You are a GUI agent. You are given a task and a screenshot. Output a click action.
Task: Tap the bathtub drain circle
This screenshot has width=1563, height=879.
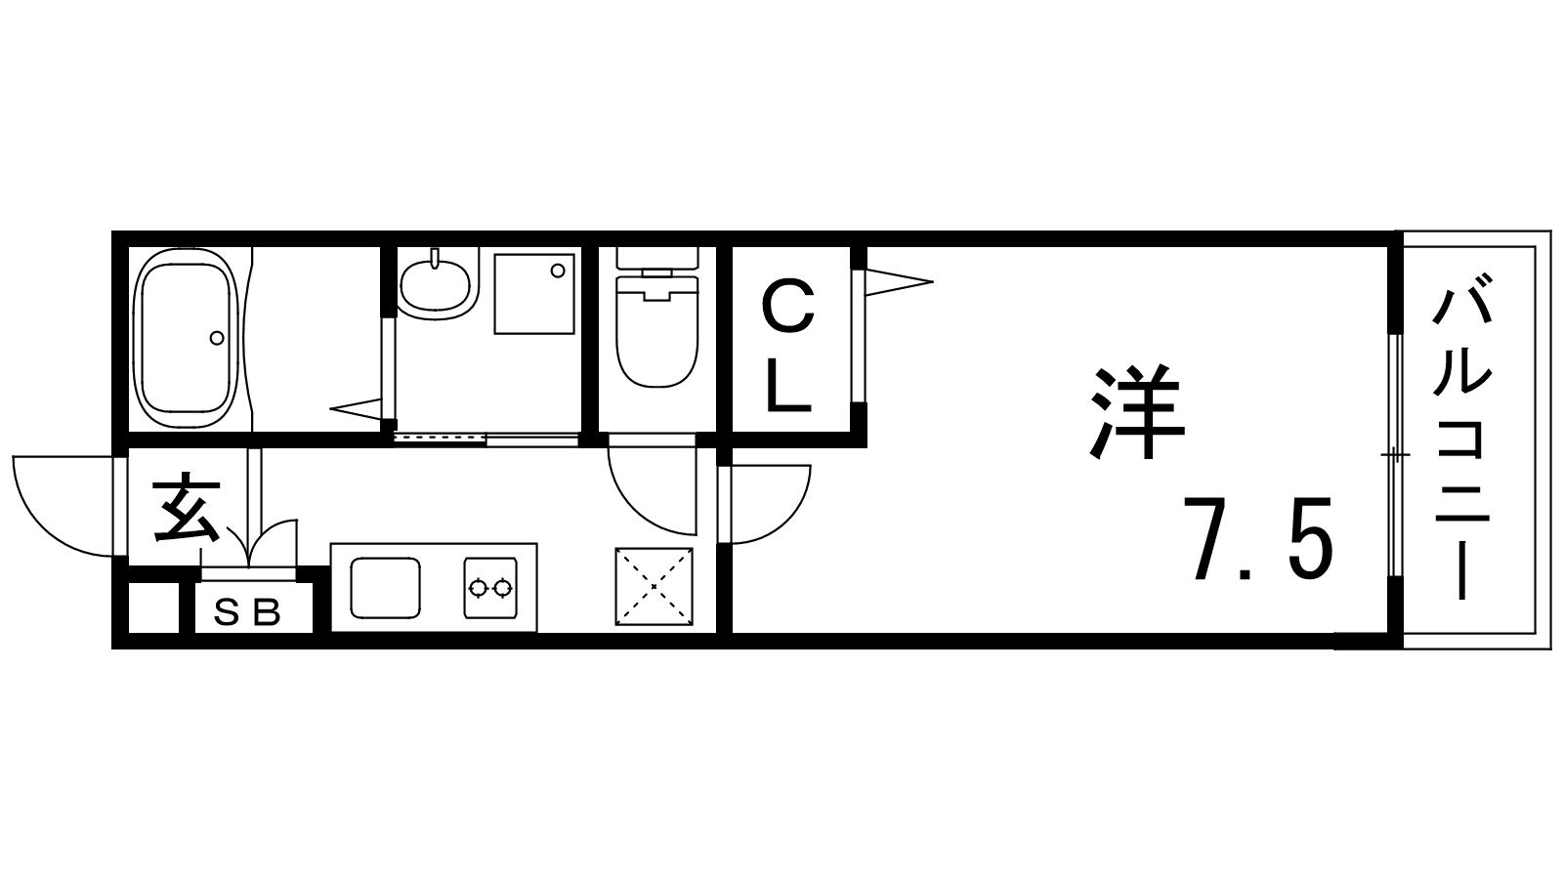[217, 338]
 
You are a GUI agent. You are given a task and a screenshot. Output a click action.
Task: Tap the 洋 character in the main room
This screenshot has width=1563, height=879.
[1137, 413]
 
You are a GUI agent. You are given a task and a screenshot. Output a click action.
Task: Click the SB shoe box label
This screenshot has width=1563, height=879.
[247, 613]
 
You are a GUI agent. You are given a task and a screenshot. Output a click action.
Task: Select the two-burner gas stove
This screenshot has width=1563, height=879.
[489, 588]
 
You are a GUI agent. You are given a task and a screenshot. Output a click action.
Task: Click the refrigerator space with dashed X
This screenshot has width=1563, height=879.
[655, 586]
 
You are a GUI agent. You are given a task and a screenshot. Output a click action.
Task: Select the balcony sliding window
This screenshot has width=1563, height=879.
[1395, 457]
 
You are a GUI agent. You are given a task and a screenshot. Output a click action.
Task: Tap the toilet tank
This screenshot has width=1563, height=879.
[656, 259]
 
